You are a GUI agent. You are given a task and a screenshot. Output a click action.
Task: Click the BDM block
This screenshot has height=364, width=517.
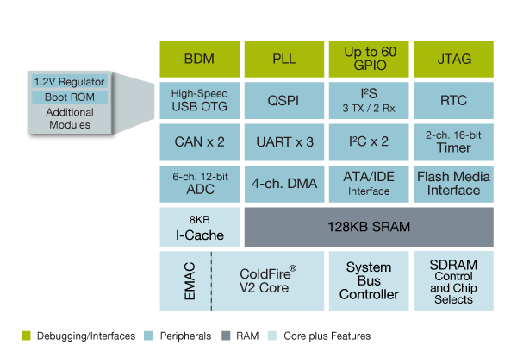click(x=199, y=59)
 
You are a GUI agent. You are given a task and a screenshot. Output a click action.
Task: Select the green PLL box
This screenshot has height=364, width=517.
click(x=284, y=59)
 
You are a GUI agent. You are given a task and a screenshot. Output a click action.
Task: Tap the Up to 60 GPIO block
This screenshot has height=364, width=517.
click(x=369, y=59)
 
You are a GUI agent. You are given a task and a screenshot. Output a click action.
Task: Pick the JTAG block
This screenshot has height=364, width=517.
click(x=454, y=59)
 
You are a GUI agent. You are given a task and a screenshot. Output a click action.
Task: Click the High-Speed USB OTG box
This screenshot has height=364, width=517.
click(x=199, y=100)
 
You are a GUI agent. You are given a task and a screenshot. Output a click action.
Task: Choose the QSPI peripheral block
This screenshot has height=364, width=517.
click(x=284, y=100)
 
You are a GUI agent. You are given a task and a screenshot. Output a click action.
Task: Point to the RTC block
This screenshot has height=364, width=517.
click(x=454, y=100)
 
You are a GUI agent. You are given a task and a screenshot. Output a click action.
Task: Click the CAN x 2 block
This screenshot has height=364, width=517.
click(x=199, y=141)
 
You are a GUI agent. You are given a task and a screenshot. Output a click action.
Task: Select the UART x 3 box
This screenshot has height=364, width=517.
click(x=284, y=141)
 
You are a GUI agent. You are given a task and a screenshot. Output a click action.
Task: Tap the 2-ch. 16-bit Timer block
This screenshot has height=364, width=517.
click(x=454, y=141)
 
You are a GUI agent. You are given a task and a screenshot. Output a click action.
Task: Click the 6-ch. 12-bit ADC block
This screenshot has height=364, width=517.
click(x=199, y=183)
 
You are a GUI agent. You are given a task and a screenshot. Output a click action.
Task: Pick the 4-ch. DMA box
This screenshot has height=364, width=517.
click(x=284, y=183)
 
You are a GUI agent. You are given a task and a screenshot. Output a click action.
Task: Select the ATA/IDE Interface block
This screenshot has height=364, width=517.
click(x=369, y=183)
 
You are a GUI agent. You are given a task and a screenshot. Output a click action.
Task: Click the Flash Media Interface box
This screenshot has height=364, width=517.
click(x=454, y=183)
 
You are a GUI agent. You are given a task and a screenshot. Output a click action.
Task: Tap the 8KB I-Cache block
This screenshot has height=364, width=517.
click(x=199, y=227)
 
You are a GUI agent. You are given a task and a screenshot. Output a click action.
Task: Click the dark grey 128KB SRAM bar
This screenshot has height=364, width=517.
click(x=369, y=227)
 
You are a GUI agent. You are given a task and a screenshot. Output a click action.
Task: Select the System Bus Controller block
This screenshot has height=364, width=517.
click(x=369, y=281)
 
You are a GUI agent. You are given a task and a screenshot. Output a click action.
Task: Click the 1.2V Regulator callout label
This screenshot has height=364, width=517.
click(x=69, y=81)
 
